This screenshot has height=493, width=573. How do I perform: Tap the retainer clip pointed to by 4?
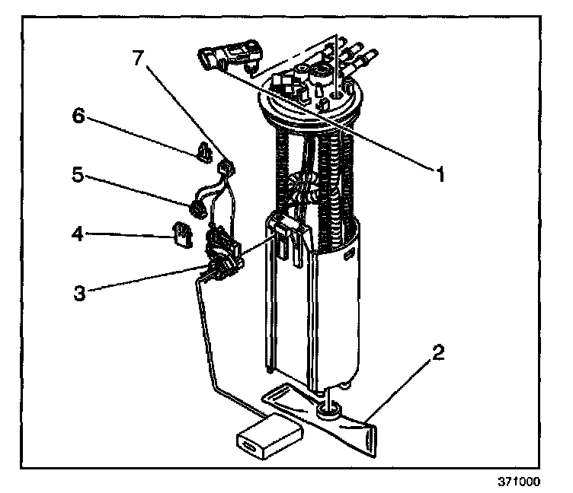181,236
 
